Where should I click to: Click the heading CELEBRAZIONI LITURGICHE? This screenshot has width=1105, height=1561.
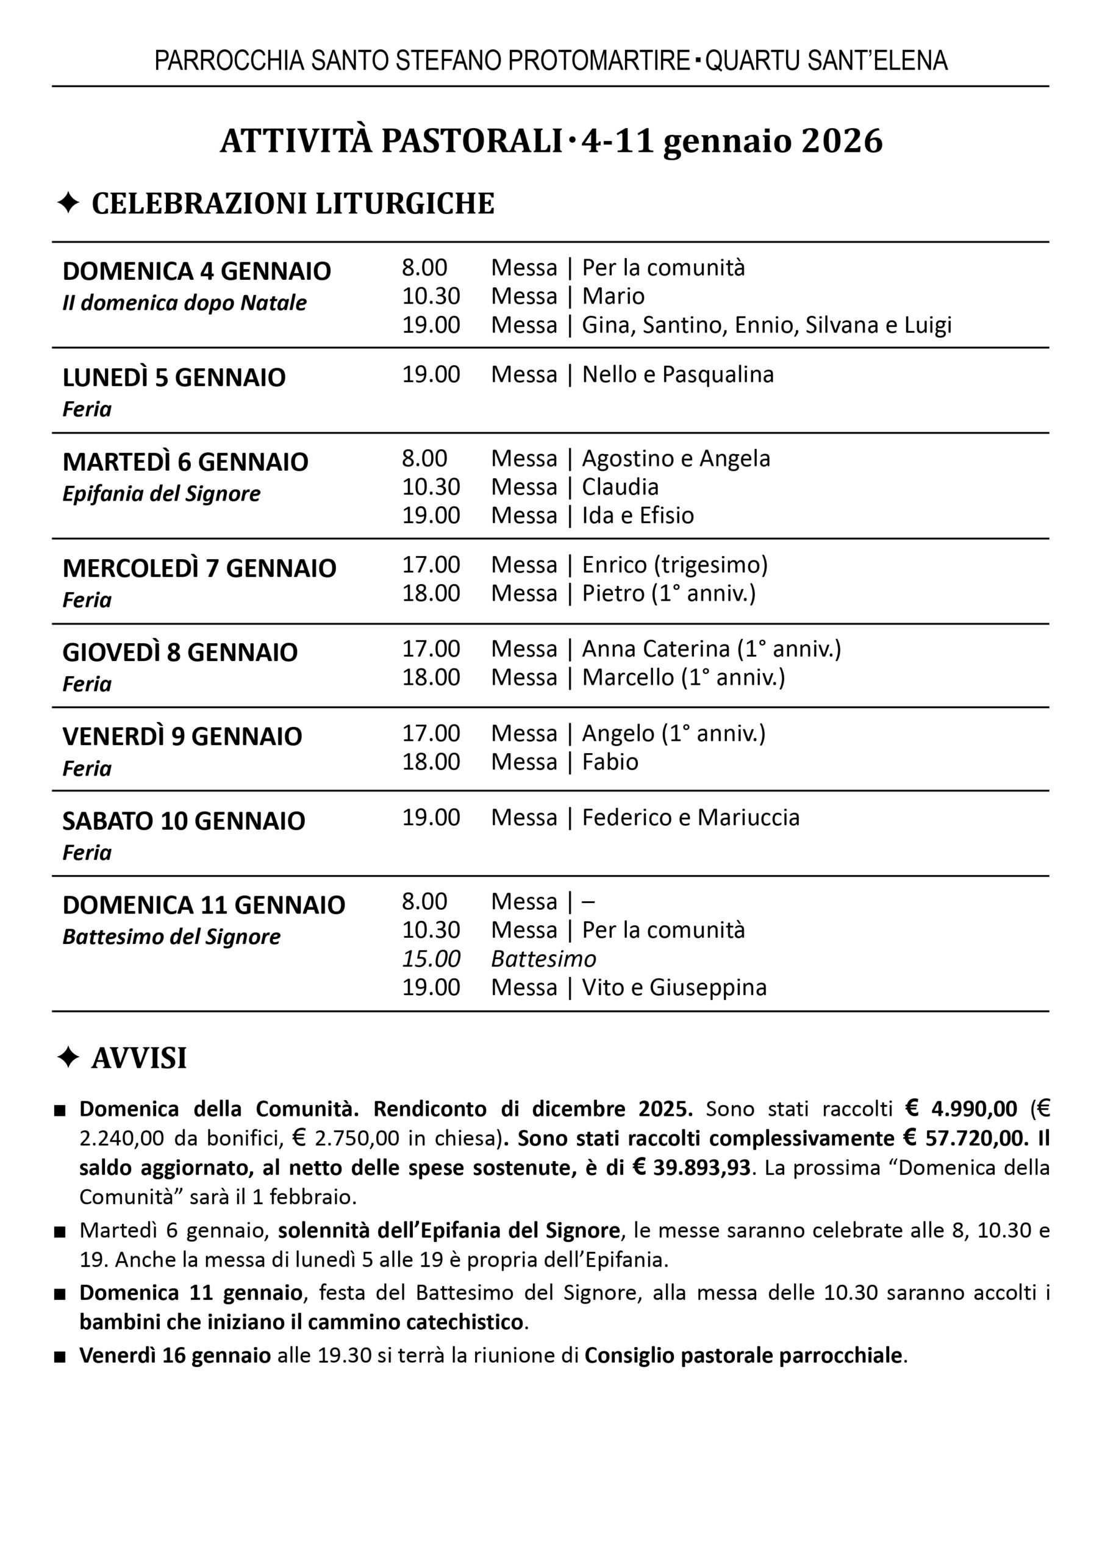pyautogui.click(x=293, y=204)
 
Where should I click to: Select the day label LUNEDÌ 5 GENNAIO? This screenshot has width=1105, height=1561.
pyautogui.click(x=174, y=377)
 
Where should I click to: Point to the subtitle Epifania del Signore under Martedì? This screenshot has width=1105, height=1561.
pyautogui.click(x=161, y=493)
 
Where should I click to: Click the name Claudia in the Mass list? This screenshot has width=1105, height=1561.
pyautogui.click(x=620, y=487)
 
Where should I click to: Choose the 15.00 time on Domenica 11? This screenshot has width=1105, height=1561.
pyautogui.click(x=431, y=959)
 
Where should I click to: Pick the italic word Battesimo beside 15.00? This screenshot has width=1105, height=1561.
pyautogui.click(x=543, y=959)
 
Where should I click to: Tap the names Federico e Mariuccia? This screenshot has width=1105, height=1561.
pyautogui.click(x=690, y=817)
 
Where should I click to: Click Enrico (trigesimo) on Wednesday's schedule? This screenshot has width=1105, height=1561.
pyautogui.click(x=674, y=565)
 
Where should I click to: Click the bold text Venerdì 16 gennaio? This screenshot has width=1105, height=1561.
pyautogui.click(x=175, y=1356)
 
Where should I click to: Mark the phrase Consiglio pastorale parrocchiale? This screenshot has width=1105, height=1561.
pyautogui.click(x=743, y=1356)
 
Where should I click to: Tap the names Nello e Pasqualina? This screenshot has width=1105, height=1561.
pyautogui.click(x=678, y=374)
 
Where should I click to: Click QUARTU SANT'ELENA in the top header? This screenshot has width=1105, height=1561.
pyautogui.click(x=826, y=61)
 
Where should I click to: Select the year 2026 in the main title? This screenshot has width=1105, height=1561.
pyautogui.click(x=842, y=141)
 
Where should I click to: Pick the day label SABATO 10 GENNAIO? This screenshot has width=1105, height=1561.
pyautogui.click(x=184, y=821)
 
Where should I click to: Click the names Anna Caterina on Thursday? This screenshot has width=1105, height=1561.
pyautogui.click(x=656, y=649)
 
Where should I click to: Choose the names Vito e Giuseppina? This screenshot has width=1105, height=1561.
pyautogui.click(x=674, y=987)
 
